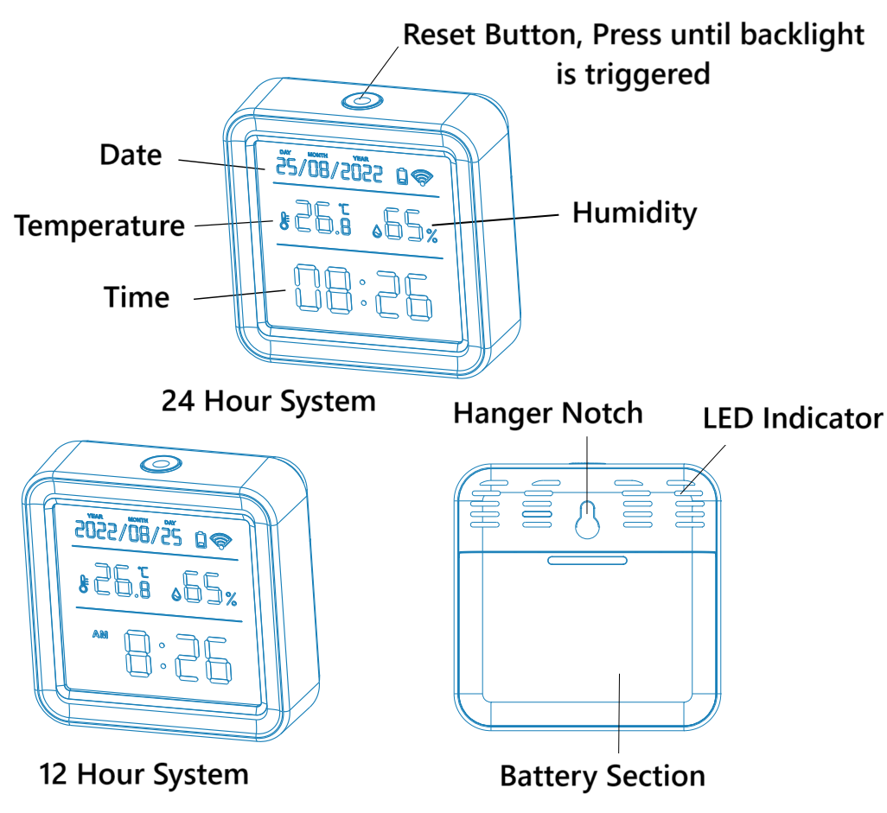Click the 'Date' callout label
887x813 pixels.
[131, 155]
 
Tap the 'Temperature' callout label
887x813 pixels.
[99, 225]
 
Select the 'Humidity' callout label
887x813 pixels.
[635, 212]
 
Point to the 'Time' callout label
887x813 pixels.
[137, 296]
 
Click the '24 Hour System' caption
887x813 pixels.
[269, 401]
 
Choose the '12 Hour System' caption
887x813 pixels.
[144, 773]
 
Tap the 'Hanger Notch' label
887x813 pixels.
[548, 413]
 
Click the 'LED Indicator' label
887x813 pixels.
[793, 419]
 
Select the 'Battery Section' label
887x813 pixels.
[603, 775]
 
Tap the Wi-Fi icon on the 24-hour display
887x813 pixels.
[422, 177]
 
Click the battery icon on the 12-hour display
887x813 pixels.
[201, 540]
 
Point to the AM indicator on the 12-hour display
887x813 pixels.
[102, 635]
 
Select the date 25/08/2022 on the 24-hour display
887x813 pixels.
[329, 171]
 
